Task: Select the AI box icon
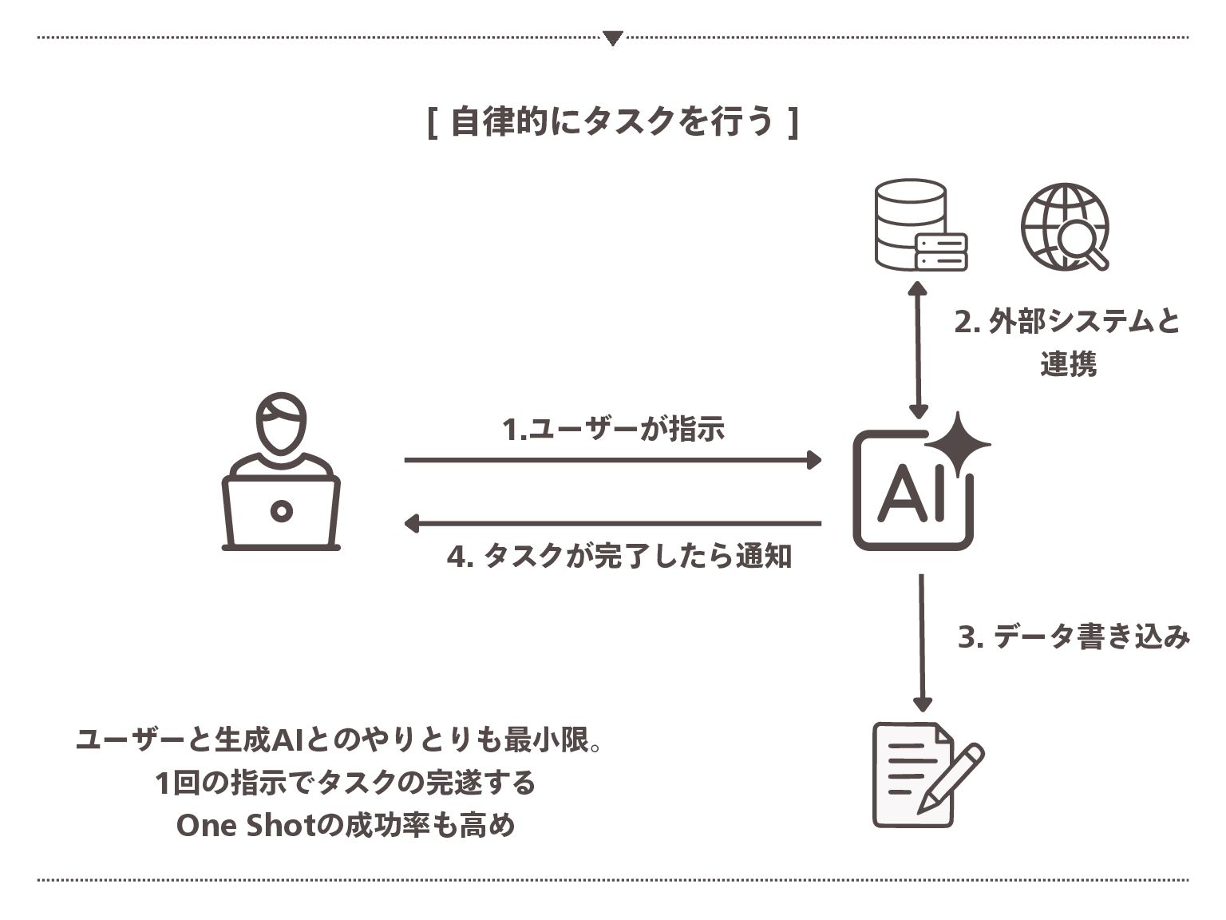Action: click(x=912, y=491)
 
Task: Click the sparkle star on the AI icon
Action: click(x=959, y=444)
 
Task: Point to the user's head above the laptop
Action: click(x=281, y=423)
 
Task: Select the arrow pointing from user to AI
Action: click(x=612, y=460)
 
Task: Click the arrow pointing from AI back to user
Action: click(x=612, y=524)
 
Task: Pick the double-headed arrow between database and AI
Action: click(x=919, y=349)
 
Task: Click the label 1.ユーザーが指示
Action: click(x=613, y=429)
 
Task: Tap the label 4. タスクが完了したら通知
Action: click(x=619, y=557)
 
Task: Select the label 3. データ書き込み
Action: click(x=1074, y=637)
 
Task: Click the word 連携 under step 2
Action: click(x=1068, y=364)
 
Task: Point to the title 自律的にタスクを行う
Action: click(x=612, y=122)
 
